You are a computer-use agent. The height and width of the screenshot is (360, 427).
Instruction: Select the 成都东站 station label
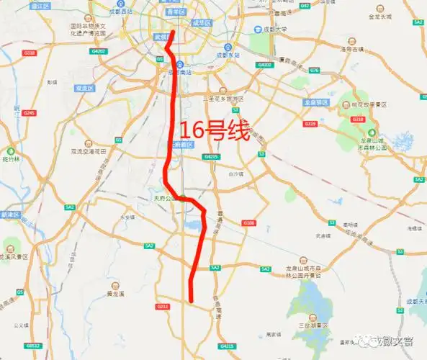(226, 55)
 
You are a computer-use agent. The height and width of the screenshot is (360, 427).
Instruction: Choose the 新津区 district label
(10, 215)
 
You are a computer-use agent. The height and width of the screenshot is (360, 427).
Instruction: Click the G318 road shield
(30, 53)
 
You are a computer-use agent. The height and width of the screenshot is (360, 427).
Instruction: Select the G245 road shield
(29, 113)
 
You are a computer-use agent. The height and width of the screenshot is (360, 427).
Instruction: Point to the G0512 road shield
(34, 346)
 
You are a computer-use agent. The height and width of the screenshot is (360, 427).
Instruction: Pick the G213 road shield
(163, 307)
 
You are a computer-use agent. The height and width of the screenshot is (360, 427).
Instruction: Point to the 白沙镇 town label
(235, 174)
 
